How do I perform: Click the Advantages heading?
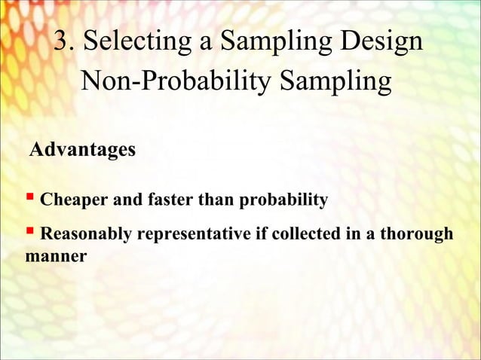pos(82,150)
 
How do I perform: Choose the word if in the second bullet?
pos(258,234)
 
